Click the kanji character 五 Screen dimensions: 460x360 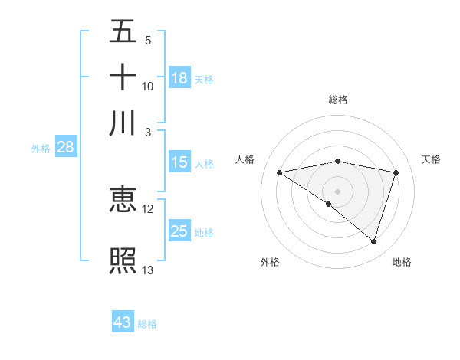pyautogui.click(x=123, y=31)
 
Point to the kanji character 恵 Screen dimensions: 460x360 pyautogui.click(x=123, y=200)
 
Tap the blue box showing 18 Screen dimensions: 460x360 pyautogui.click(x=179, y=77)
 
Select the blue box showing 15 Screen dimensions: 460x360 pyautogui.click(x=179, y=162)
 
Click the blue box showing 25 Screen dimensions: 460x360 pyautogui.click(x=179, y=231)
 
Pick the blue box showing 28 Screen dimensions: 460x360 pyautogui.click(x=65, y=148)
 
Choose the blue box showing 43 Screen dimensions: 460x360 pyautogui.click(x=123, y=322)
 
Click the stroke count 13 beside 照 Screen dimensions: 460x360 pyautogui.click(x=148, y=270)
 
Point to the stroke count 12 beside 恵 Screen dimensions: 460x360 pyautogui.click(x=148, y=208)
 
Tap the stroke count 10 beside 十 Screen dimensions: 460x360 pyautogui.click(x=148, y=87)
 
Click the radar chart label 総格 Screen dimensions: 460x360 pyautogui.click(x=337, y=100)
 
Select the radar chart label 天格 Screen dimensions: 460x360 pyautogui.click(x=431, y=159)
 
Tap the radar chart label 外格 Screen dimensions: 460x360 pyautogui.click(x=270, y=262)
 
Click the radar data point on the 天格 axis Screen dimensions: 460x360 pyautogui.click(x=396, y=172)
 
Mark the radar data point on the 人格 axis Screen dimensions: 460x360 pyautogui.click(x=279, y=172)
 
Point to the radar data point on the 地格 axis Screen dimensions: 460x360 pyautogui.click(x=374, y=242)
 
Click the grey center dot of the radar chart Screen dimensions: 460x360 pyautogui.click(x=337, y=191)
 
